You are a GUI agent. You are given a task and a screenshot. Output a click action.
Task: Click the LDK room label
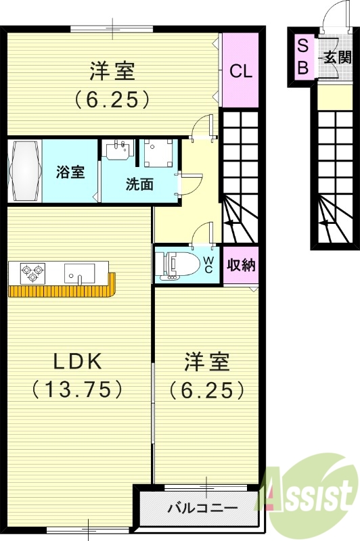[x=78, y=362]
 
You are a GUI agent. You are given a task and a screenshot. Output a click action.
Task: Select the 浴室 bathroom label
[x=70, y=171]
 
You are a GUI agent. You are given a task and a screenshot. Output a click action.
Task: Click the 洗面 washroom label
[x=138, y=184]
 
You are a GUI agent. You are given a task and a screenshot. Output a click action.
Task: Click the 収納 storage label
[x=241, y=264]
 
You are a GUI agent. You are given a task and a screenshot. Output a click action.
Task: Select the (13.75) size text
[x=78, y=389]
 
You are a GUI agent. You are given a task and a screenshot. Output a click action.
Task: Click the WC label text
[x=209, y=264]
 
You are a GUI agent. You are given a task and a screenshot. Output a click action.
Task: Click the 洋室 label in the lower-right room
[x=207, y=362]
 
